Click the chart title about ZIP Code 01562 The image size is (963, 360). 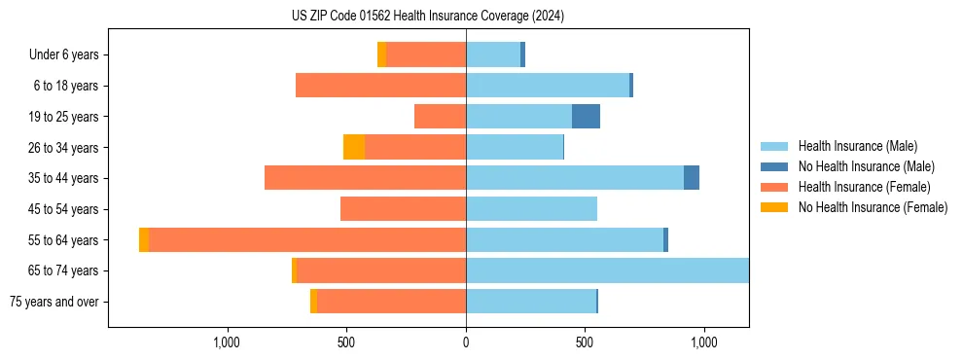click(428, 17)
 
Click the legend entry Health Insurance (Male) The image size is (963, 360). click(857, 146)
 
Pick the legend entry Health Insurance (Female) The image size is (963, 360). click(864, 187)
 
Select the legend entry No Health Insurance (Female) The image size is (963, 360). click(873, 207)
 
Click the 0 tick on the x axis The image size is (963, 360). click(466, 342)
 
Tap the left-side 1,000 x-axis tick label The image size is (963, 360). click(227, 342)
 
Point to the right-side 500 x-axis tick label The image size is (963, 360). click(585, 342)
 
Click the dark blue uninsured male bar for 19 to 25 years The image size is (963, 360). click(586, 117)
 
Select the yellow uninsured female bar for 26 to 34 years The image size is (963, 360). click(354, 147)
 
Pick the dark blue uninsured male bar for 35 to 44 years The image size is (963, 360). click(692, 178)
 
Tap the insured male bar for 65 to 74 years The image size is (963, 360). click(607, 270)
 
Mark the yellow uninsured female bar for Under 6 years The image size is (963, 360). click(381, 55)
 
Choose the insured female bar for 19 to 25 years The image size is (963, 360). click(440, 117)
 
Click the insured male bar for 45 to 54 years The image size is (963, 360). click(531, 209)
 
